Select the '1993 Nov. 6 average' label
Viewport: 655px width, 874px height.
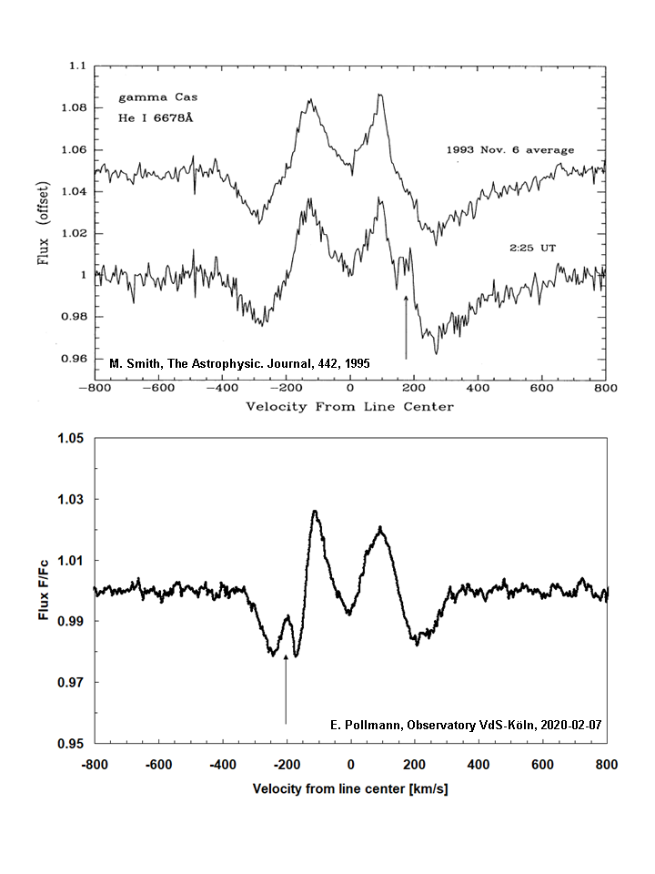tap(509, 149)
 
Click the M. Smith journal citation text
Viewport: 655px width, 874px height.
tap(239, 363)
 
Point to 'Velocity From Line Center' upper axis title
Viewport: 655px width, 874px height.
tap(349, 406)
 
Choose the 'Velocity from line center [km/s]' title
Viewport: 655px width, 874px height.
tap(349, 788)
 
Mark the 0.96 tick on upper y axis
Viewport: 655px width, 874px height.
tap(72, 359)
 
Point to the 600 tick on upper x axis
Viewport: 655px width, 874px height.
tap(541, 386)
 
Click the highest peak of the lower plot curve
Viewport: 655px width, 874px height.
tap(315, 512)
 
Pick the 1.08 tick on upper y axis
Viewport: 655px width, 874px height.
tap(72, 108)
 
